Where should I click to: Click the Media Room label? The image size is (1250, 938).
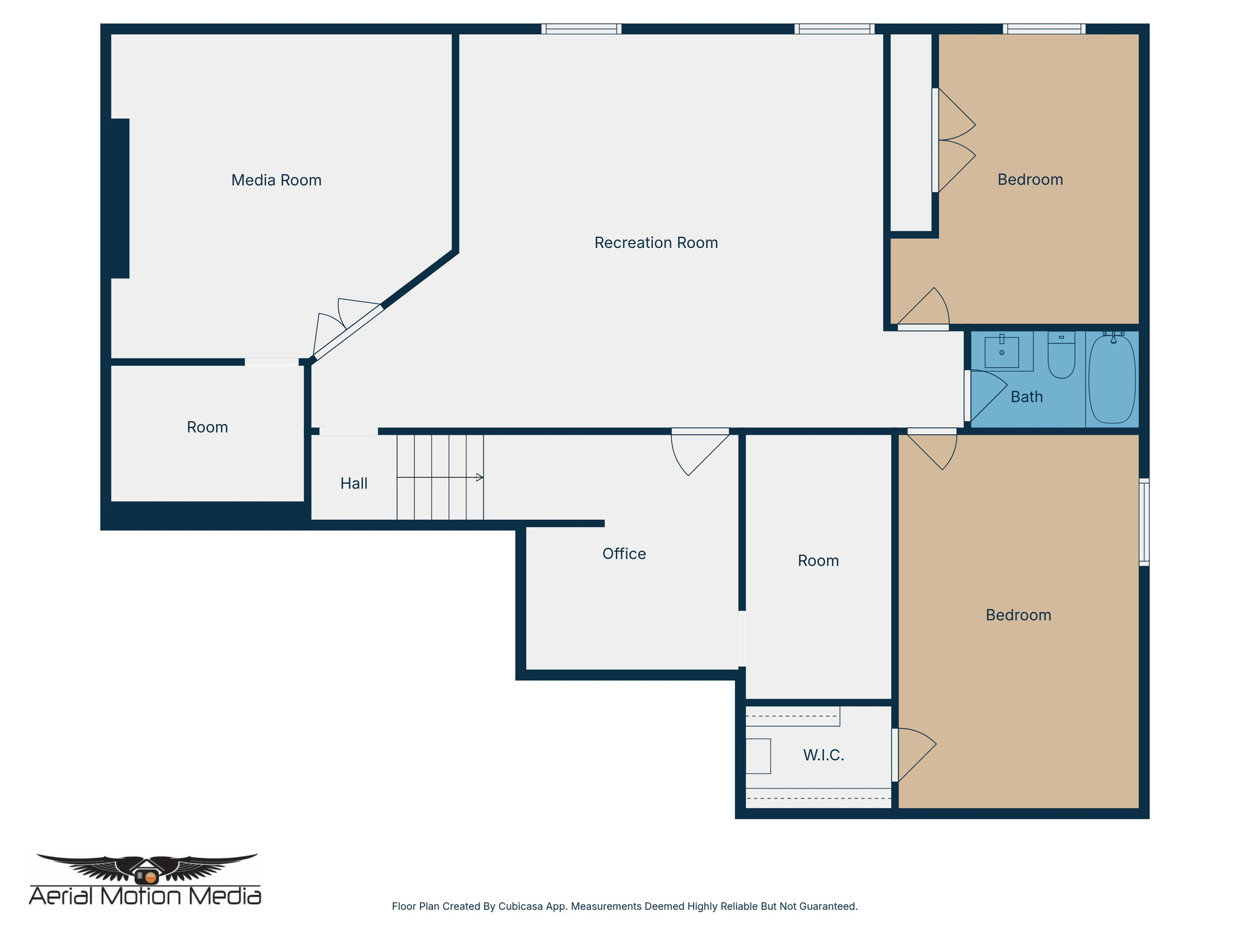276,180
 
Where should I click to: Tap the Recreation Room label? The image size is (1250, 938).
656,242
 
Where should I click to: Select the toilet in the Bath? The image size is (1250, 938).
1061,357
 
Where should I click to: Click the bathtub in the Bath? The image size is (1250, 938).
1112,379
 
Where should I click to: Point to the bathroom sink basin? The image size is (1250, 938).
1002,353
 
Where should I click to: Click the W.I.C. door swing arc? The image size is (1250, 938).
916,754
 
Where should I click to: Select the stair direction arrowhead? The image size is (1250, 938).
480,477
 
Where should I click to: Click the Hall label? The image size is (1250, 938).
353,484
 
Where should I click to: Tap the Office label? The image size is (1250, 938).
624,554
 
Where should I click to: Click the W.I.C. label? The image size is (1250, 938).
823,755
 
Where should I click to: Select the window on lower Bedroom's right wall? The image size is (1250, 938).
1144,522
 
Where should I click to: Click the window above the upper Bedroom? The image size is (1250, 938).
1044,28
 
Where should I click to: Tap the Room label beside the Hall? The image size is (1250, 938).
207,427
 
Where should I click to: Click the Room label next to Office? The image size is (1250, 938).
818,561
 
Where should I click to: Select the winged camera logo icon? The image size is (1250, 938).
146,870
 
